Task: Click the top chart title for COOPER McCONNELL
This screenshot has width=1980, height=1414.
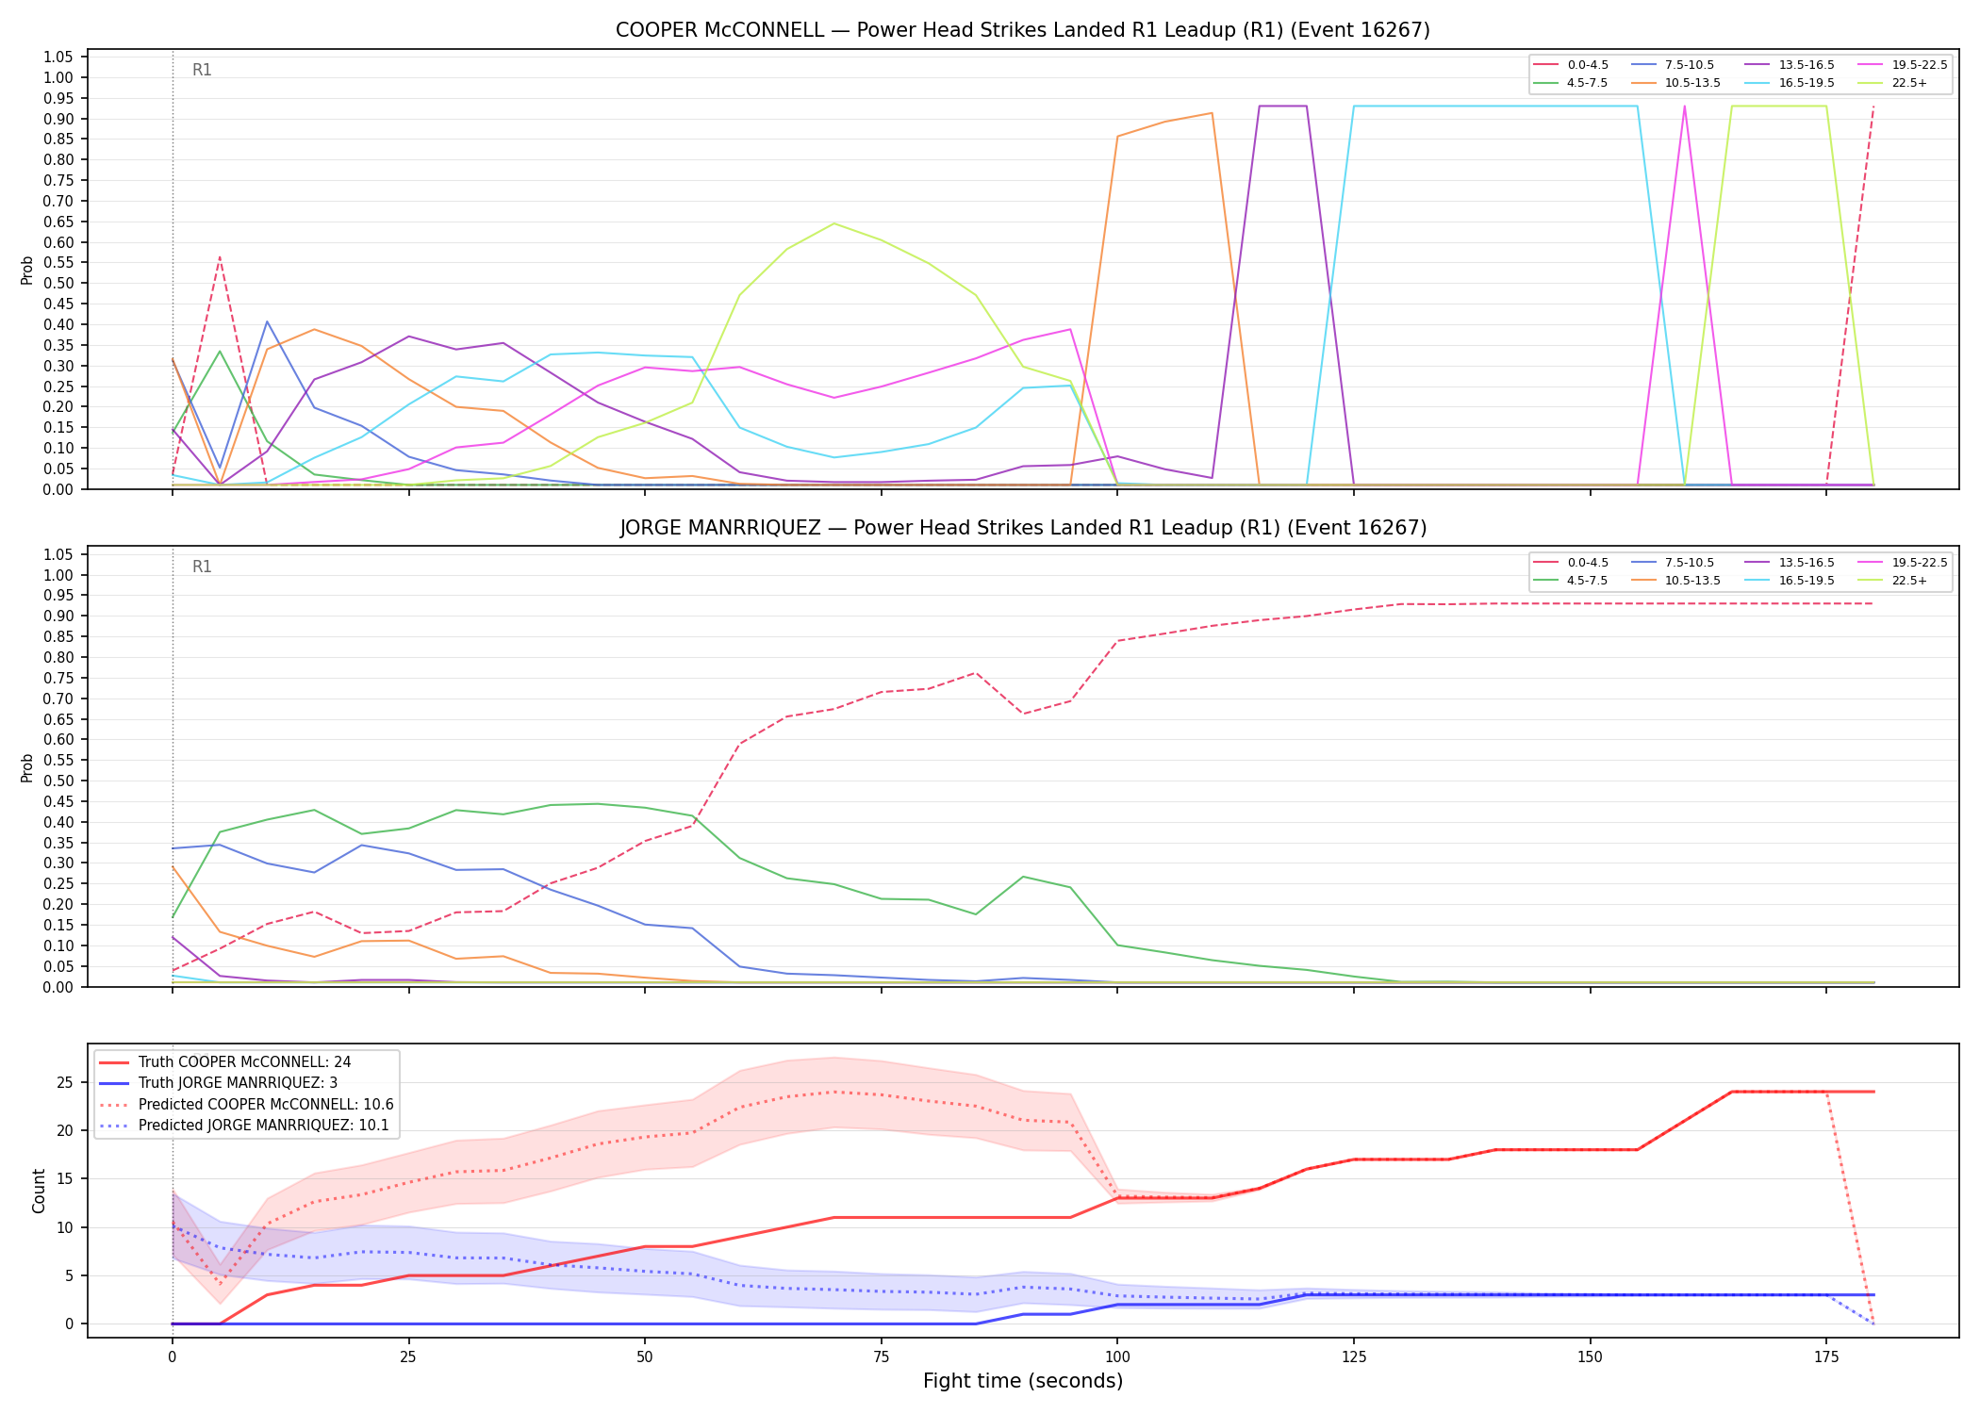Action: (x=1023, y=30)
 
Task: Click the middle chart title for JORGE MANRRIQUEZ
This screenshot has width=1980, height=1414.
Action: (x=1023, y=528)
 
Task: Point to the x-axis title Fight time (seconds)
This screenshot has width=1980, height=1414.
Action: (x=1023, y=1381)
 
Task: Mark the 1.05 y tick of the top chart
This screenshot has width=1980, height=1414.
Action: (x=58, y=58)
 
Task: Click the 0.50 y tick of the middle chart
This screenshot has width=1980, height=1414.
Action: (x=58, y=781)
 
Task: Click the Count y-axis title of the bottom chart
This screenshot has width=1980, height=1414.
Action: (x=39, y=1191)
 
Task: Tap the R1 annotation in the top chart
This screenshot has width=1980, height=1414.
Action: (x=202, y=70)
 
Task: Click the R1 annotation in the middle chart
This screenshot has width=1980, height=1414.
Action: (x=202, y=567)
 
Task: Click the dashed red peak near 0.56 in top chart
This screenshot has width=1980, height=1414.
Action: (x=220, y=256)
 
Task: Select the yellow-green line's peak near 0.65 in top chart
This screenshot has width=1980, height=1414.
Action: (x=834, y=223)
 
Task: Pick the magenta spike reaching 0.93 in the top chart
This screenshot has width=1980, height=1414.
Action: (x=1684, y=107)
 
